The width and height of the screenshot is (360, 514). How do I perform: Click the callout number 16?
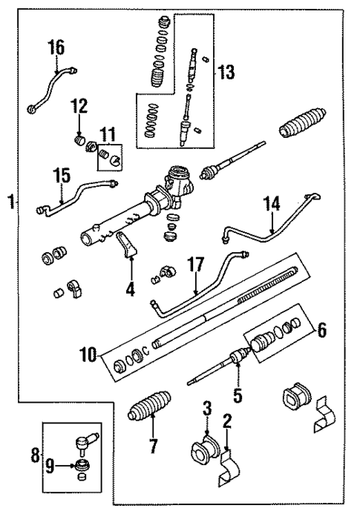pos(56,47)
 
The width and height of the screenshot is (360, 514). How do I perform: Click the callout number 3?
pos(207,407)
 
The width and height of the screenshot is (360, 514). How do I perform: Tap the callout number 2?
pos(228,423)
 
